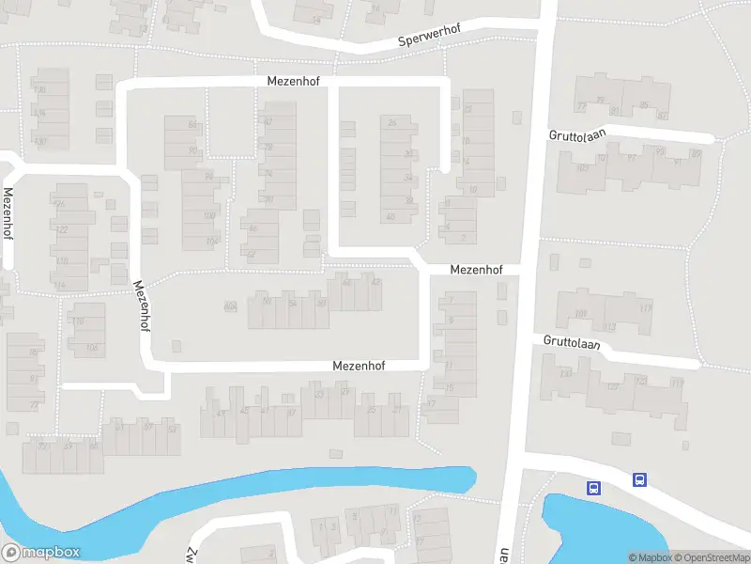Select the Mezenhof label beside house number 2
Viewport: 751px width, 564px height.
click(x=476, y=270)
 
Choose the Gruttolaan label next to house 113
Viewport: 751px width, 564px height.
click(x=571, y=345)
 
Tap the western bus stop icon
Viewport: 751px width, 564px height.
click(x=593, y=488)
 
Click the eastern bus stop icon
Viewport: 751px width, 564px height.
click(x=639, y=479)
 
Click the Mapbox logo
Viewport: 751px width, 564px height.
click(x=41, y=553)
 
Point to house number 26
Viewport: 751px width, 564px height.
click(x=391, y=122)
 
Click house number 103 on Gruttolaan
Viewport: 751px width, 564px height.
click(x=582, y=168)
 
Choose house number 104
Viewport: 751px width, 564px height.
click(x=211, y=241)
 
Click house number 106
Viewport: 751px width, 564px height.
click(x=91, y=348)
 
